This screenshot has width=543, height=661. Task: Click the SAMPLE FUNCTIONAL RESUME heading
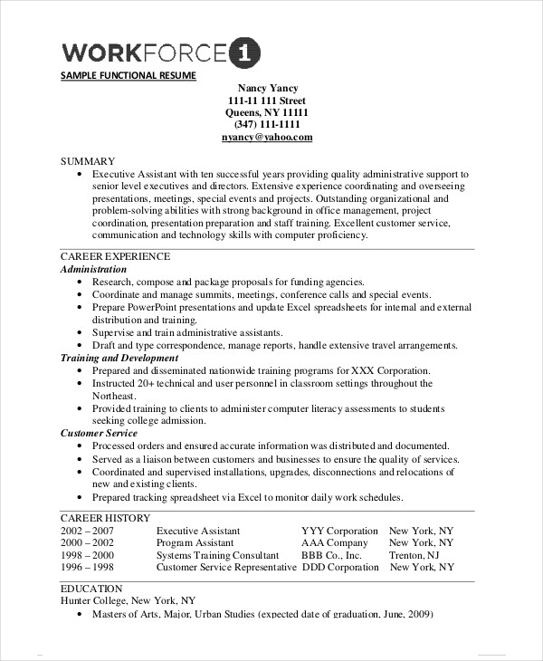click(x=128, y=76)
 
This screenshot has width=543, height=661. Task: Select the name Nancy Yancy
click(x=267, y=88)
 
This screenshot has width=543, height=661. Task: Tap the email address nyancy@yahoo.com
click(x=267, y=138)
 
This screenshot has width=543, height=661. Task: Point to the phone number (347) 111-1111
click(x=267, y=125)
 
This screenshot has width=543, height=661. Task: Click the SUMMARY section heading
click(x=88, y=160)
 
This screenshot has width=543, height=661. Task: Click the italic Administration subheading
click(x=93, y=270)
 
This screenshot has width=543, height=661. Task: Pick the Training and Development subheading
click(x=119, y=359)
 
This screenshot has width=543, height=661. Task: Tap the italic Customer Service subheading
click(x=99, y=434)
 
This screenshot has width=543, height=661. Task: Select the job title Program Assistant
click(x=196, y=543)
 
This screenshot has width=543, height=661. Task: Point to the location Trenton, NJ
click(x=414, y=555)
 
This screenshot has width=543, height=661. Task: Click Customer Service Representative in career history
click(x=225, y=568)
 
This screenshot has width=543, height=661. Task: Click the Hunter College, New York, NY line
click(x=128, y=600)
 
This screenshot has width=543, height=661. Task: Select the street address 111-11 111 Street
click(x=267, y=101)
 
